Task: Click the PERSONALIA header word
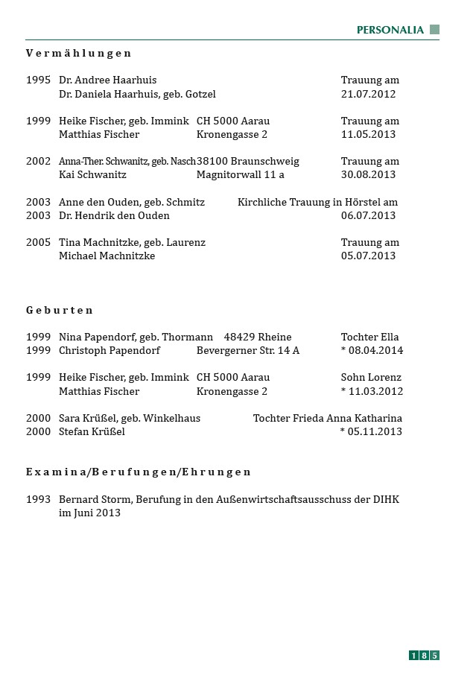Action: [x=390, y=30]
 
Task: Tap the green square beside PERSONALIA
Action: [x=435, y=30]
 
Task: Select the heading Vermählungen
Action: [x=79, y=53]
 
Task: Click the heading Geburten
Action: [x=60, y=310]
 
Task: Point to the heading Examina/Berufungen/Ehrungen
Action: [x=139, y=472]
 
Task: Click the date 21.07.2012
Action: [x=369, y=94]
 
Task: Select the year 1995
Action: [x=39, y=80]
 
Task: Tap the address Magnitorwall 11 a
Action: [x=241, y=174]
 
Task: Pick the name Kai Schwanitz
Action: [x=92, y=174]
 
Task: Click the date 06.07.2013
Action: [x=369, y=215]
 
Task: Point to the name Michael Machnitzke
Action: [x=107, y=256]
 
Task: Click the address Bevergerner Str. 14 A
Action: [x=248, y=350]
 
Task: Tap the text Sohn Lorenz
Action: [x=371, y=377]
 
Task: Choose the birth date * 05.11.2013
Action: [x=371, y=431]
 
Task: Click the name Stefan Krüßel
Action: [x=92, y=431]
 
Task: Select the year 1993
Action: [x=39, y=499]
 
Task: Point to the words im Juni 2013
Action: [x=89, y=513]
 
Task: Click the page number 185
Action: [x=424, y=656]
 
